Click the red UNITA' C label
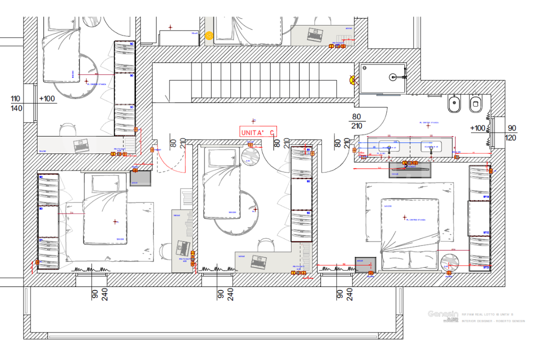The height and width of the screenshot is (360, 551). coord(258,132)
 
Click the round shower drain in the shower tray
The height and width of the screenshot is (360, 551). coord(393,77)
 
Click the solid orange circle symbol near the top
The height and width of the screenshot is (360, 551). coord(208,35)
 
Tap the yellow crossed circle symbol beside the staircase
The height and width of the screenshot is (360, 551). coord(353,79)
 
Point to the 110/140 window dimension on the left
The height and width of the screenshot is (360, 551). coord(15,103)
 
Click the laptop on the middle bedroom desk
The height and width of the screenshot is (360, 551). coord(259,260)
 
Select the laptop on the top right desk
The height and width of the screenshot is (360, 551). coord(315,35)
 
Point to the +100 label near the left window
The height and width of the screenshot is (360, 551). coord(47,98)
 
